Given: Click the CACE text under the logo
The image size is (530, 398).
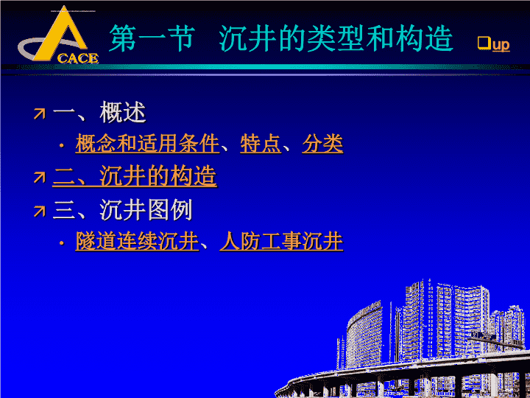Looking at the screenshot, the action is click(x=78, y=58).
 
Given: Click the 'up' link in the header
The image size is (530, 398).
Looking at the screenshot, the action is click(x=501, y=45).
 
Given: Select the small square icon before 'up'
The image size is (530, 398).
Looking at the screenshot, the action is click(x=484, y=43).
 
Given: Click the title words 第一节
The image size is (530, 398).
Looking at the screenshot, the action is click(x=152, y=38).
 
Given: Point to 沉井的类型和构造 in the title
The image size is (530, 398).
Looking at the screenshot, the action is click(x=336, y=38).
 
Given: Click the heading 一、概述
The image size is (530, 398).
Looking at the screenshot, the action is click(x=99, y=112).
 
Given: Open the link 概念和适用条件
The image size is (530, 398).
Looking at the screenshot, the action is click(x=147, y=144).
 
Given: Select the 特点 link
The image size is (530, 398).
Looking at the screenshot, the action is click(x=261, y=144).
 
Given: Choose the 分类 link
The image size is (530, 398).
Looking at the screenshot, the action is click(x=322, y=144).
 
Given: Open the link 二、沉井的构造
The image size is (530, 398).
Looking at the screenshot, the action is click(x=135, y=176).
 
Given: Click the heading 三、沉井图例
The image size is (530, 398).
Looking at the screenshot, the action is click(x=123, y=210).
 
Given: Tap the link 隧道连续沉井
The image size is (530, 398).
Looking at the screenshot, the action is click(x=137, y=241).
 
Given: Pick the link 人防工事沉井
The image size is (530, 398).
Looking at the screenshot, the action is click(x=281, y=241).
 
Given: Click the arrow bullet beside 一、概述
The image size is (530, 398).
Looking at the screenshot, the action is click(x=40, y=114).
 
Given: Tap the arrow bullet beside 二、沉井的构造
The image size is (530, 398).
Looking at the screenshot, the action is click(x=40, y=178).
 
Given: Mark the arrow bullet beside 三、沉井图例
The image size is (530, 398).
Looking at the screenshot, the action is click(x=40, y=212).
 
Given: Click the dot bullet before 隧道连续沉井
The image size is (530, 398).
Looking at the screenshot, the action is click(x=62, y=243).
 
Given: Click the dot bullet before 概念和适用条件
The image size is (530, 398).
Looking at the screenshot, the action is click(x=62, y=146).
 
